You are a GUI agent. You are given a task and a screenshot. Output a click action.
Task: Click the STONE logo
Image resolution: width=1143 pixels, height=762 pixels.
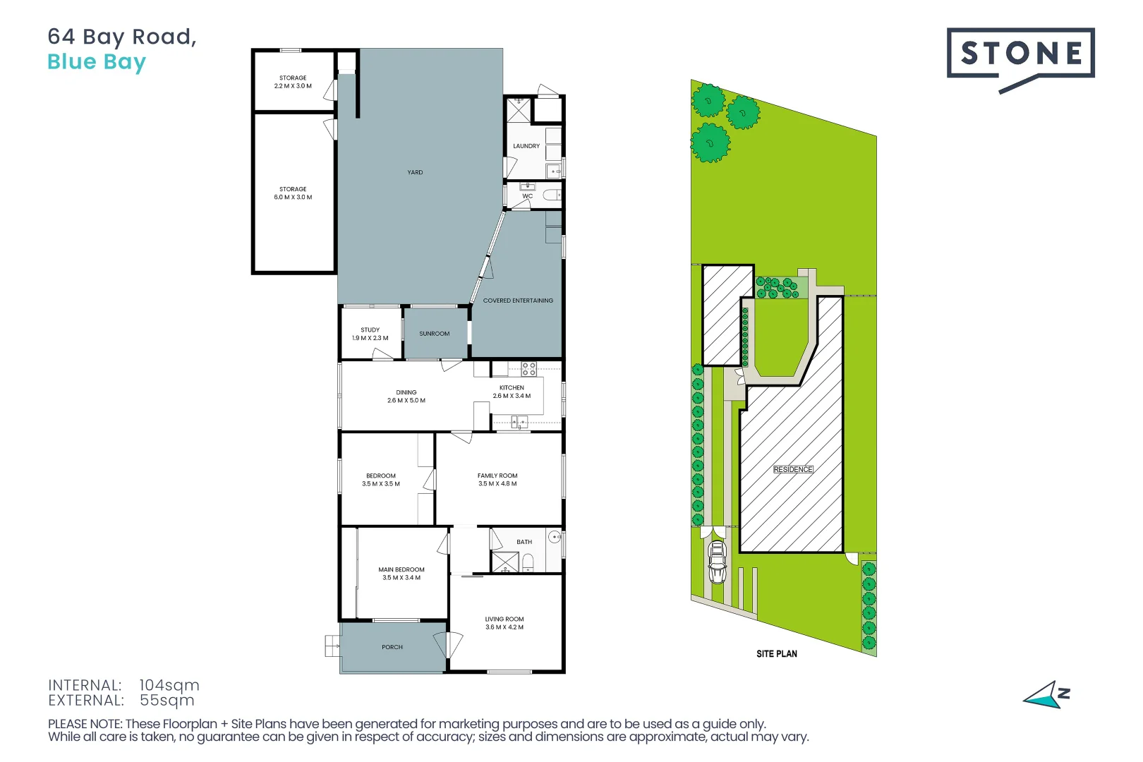pos(1020,54)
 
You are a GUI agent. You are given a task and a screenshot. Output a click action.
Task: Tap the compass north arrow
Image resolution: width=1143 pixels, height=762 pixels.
pos(1046,696)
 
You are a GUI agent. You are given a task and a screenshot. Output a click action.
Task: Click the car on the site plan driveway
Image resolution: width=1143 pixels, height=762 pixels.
pos(717,562)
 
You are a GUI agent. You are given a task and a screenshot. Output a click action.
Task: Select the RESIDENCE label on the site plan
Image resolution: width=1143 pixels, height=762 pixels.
pos(793,470)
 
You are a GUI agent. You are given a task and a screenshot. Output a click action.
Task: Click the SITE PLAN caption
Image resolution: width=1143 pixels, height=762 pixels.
pos(777,654)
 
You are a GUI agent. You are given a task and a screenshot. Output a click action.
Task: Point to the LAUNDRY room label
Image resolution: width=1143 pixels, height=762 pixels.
pos(526,146)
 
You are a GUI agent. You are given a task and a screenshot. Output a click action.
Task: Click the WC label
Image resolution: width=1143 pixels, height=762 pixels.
pos(528,196)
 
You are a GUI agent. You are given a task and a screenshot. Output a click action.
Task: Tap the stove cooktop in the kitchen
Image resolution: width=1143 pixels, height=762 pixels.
pos(528,368)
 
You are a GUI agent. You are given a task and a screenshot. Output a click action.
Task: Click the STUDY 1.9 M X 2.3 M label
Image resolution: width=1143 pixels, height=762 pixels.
pos(370,334)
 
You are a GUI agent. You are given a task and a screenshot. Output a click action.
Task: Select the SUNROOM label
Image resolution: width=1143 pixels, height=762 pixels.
pos(434,334)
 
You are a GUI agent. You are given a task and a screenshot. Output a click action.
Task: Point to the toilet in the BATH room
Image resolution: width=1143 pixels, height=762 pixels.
pos(528,562)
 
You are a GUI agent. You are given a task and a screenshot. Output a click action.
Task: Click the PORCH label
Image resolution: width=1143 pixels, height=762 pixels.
pos(392,647)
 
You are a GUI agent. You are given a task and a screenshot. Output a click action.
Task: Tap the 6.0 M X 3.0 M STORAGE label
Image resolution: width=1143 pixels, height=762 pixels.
pos(293,193)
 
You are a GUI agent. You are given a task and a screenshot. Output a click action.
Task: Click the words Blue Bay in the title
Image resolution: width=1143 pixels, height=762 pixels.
pos(97,62)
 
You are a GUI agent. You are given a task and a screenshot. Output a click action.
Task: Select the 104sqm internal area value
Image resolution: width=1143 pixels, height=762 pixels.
pos(169,685)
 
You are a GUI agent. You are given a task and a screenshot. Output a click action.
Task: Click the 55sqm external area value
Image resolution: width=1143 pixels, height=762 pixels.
pos(167,701)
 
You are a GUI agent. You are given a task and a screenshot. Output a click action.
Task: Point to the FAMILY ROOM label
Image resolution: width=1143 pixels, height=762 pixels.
pos(497,480)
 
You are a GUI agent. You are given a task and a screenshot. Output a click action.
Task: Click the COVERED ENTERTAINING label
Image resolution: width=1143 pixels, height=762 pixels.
pos(518,301)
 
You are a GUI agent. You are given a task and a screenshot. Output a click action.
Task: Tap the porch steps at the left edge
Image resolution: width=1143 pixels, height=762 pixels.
pos(332,646)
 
